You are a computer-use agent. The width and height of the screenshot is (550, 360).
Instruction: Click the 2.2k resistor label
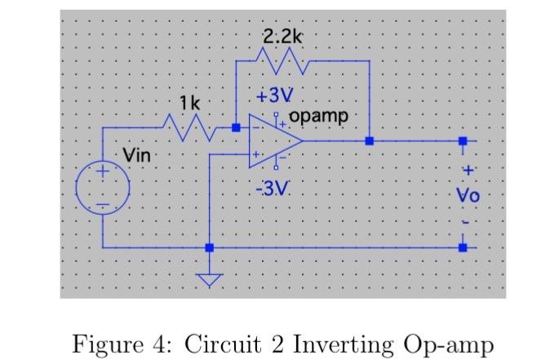point(282,36)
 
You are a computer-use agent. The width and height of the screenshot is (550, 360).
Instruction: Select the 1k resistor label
point(190,104)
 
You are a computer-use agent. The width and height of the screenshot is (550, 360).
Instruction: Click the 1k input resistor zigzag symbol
point(190,127)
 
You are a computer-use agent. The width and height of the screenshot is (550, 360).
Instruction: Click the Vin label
point(138,154)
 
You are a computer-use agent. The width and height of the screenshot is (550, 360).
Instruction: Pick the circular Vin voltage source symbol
point(102,189)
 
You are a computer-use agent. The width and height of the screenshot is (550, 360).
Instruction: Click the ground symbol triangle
point(211,280)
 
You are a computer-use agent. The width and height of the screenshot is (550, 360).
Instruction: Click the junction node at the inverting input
point(236,128)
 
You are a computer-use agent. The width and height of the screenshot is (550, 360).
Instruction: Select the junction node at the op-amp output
point(370,141)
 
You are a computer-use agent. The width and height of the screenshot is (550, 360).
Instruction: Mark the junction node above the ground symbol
point(211,247)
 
